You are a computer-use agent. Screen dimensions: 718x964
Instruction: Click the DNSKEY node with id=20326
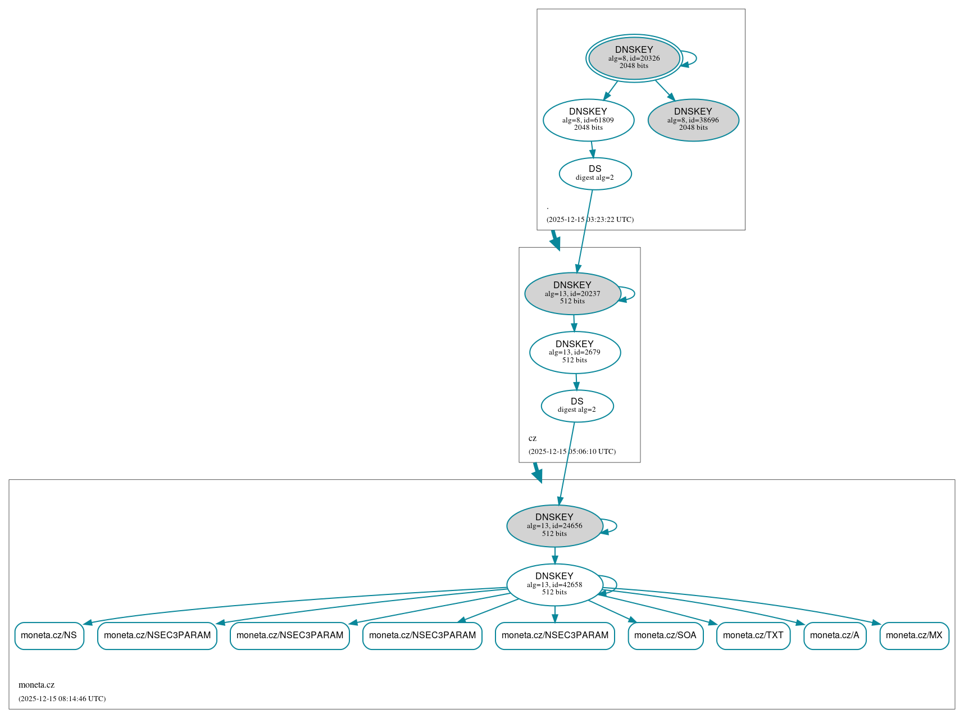(634, 58)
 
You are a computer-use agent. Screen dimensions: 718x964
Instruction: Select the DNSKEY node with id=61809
(588, 120)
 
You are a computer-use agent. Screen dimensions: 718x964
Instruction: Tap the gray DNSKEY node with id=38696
(693, 120)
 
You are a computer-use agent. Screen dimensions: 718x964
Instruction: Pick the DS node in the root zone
(595, 174)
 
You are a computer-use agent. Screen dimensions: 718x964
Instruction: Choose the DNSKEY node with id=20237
(572, 293)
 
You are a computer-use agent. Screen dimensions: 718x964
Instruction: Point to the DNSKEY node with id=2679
(574, 352)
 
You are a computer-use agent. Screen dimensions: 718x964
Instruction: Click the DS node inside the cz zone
(577, 406)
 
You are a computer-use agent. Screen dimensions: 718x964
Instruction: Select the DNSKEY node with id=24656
(554, 526)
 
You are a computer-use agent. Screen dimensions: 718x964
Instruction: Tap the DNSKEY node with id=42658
(554, 584)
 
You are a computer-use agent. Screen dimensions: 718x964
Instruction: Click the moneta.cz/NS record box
(49, 635)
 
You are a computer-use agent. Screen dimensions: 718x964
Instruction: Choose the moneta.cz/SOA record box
(665, 635)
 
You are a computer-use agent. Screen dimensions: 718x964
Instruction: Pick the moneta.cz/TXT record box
(753, 635)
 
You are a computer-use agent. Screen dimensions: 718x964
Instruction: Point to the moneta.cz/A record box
(834, 635)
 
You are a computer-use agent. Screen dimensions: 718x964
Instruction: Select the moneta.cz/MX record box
(914, 635)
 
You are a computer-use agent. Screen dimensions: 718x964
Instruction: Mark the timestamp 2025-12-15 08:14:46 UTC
(62, 699)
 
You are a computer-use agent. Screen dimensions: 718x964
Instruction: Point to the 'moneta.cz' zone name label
(37, 685)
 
